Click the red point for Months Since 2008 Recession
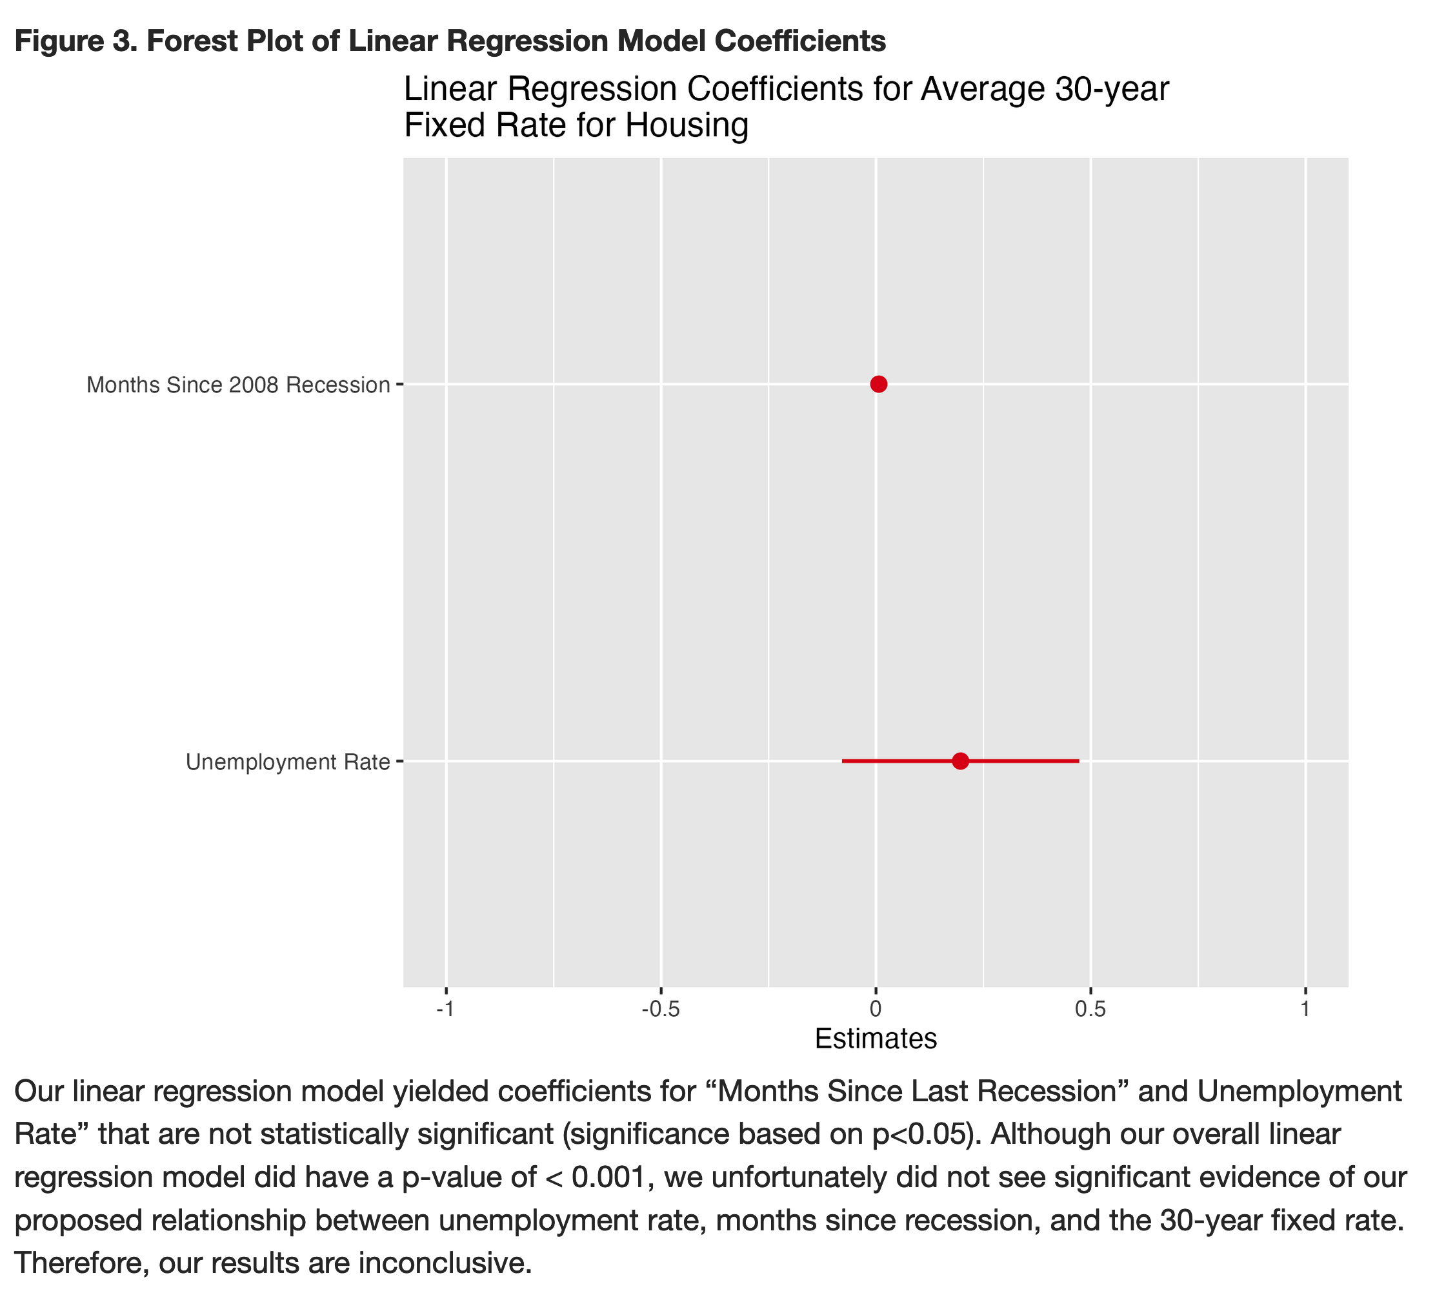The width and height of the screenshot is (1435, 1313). (x=878, y=385)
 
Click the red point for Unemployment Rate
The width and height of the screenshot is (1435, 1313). (x=960, y=761)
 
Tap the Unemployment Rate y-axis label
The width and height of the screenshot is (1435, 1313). (x=288, y=762)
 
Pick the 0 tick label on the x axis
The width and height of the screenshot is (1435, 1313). (x=876, y=1010)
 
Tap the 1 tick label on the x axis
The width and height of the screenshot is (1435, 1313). (x=1305, y=1010)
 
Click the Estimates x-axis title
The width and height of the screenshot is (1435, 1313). (x=876, y=1039)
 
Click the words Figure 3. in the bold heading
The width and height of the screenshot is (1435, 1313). (x=75, y=41)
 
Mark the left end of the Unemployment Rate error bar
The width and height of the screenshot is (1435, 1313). (x=843, y=761)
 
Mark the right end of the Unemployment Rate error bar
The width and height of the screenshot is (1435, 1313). (x=1078, y=761)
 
